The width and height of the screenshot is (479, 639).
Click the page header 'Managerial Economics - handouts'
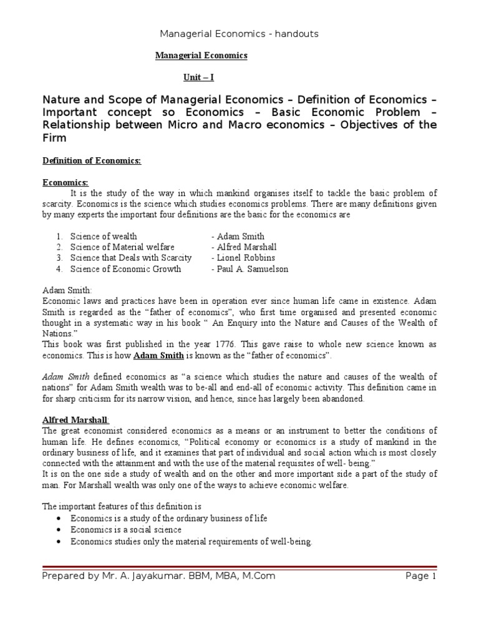point(239,34)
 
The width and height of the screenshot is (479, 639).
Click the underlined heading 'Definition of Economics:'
point(92,161)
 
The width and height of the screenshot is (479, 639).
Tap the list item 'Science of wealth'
point(104,237)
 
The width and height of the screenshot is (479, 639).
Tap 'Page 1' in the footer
point(421,576)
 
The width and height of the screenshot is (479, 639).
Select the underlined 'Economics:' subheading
point(65,182)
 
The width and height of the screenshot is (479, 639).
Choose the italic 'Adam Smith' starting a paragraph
point(65,378)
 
